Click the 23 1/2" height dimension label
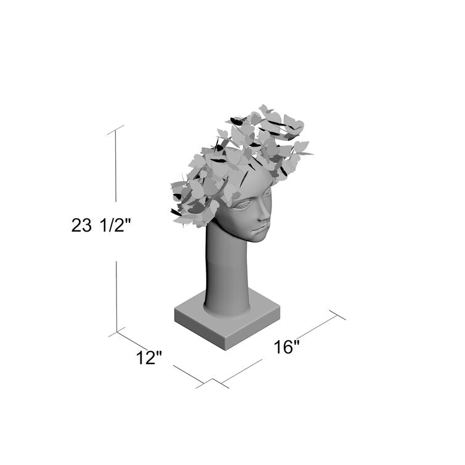pos(101,225)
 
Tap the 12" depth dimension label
pos(149,358)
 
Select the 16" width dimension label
pos(286,347)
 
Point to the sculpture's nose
pos(265,215)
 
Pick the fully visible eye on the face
pos(244,204)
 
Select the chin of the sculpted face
pos(259,238)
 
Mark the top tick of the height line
pos(115,130)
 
